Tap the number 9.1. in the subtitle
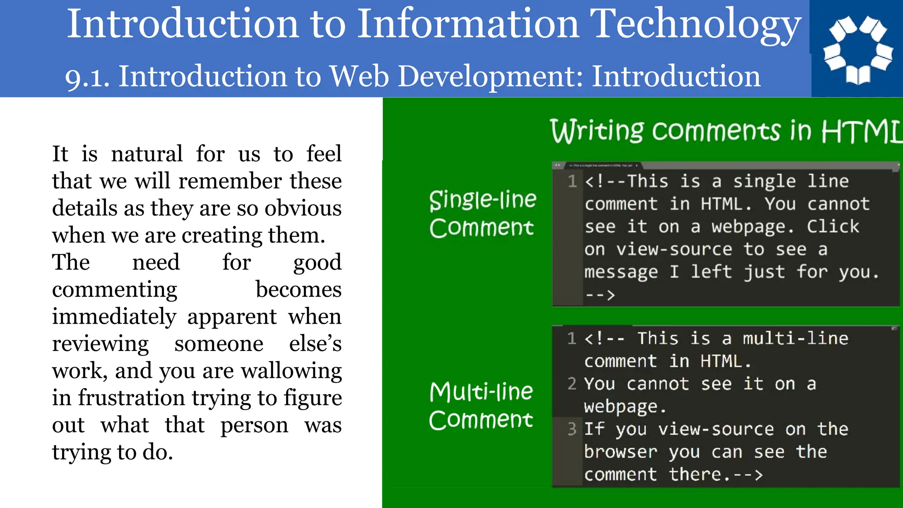[x=87, y=77]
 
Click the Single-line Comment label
[x=482, y=213]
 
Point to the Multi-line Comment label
[x=481, y=406]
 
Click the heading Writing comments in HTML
[x=726, y=131]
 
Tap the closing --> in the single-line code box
[x=600, y=295]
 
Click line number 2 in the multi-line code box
[x=572, y=384]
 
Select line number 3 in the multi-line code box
[x=572, y=429]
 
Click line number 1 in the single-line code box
[x=572, y=181]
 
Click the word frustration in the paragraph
[x=131, y=398]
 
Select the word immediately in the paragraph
[x=114, y=317]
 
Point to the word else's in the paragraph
[x=315, y=344]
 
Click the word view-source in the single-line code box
[x=674, y=250]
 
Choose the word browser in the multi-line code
[x=620, y=452]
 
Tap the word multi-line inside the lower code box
[x=795, y=339]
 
